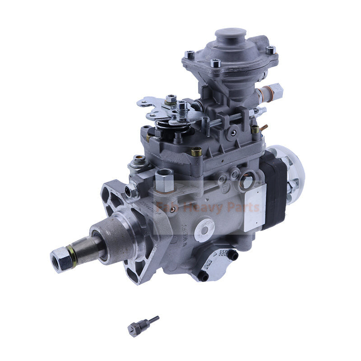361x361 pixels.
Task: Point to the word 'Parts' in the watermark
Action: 244,208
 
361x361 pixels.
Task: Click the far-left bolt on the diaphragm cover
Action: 190,54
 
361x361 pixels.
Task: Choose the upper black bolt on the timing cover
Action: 233,255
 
